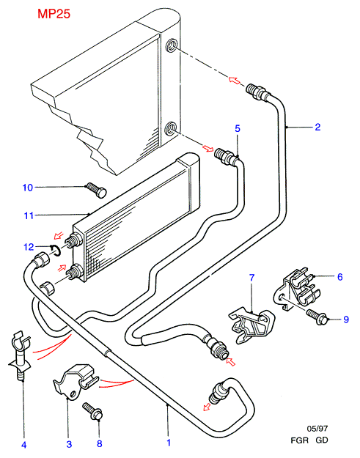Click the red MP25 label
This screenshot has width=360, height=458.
54,14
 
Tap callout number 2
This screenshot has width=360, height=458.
317,127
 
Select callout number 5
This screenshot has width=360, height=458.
238,128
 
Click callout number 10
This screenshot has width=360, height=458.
28,188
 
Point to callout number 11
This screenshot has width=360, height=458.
29,216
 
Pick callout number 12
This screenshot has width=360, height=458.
29,247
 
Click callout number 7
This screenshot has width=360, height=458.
252,278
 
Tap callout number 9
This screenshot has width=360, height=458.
346,320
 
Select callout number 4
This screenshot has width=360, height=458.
24,445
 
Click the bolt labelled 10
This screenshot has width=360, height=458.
96,190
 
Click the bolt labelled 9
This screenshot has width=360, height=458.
317,317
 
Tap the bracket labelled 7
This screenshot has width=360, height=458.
252,324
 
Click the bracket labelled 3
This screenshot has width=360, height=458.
76,381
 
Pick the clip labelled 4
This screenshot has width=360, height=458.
20,355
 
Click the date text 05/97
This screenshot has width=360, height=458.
317,429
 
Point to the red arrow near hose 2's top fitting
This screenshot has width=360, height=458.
235,80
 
